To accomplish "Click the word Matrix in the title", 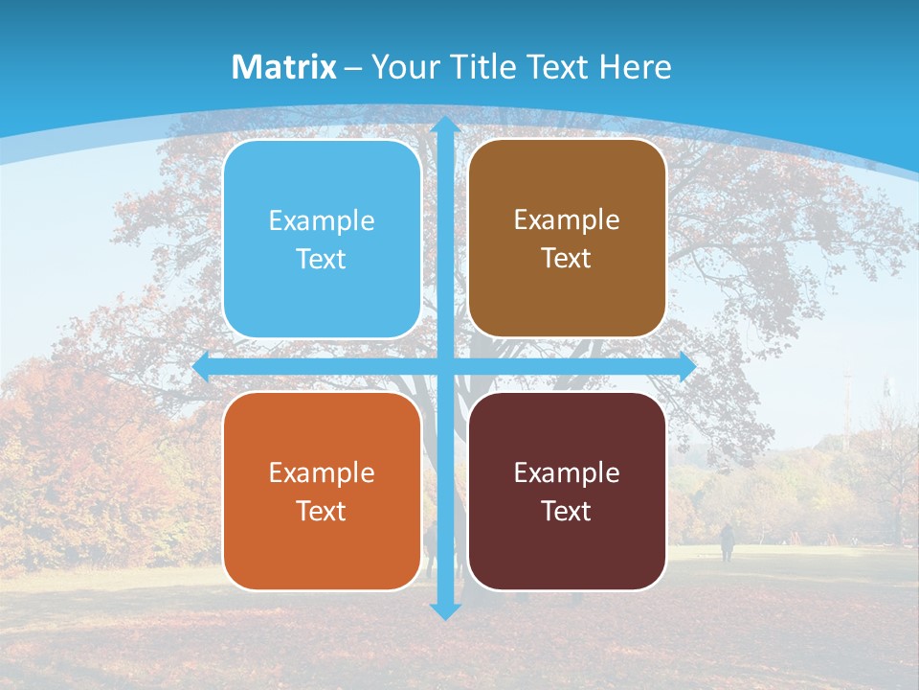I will (x=283, y=67).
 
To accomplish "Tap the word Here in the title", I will (x=635, y=67).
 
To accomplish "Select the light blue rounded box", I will (x=322, y=240).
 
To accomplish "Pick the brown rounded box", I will (x=567, y=239).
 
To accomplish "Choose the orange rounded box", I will (x=322, y=491).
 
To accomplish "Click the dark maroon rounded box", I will (x=567, y=491).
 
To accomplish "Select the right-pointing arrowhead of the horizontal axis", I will (x=686, y=367).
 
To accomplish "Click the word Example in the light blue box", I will (x=322, y=221).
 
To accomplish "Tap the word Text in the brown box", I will (x=567, y=259).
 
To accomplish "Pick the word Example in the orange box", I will (x=322, y=472).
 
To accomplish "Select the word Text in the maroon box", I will (x=567, y=511).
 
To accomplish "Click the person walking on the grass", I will (x=728, y=542).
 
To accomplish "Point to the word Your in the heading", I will (x=402, y=67).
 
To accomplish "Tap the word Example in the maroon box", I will (x=567, y=472).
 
